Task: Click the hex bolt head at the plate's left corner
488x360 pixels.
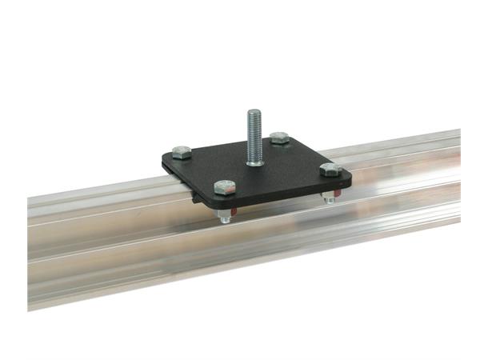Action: click(182, 152)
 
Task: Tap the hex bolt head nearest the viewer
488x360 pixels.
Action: click(225, 188)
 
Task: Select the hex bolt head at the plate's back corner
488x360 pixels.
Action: click(278, 138)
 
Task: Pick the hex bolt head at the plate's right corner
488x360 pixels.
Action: click(330, 170)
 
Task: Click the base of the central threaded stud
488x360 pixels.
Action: click(254, 161)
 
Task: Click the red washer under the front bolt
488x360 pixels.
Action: click(229, 211)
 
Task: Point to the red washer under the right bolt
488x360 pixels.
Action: click(331, 193)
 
